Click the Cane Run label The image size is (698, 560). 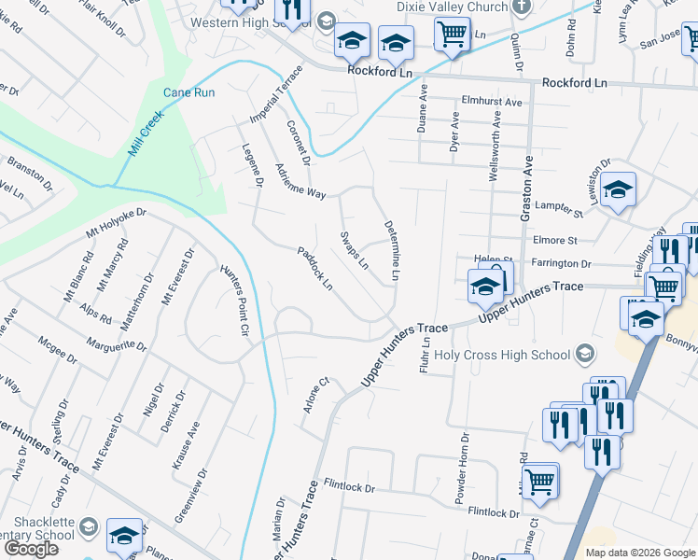point(189,92)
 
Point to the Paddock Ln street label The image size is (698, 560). point(314,267)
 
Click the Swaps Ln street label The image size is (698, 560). point(354,249)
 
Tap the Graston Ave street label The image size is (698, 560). point(526,187)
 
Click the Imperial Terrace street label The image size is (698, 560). point(275,94)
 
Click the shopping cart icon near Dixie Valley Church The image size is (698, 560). point(452,35)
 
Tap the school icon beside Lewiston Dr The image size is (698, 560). point(617,190)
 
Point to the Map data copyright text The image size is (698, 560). point(640,553)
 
